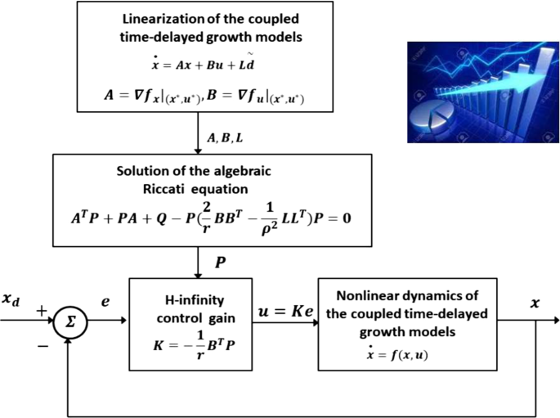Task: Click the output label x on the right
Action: [535, 302]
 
